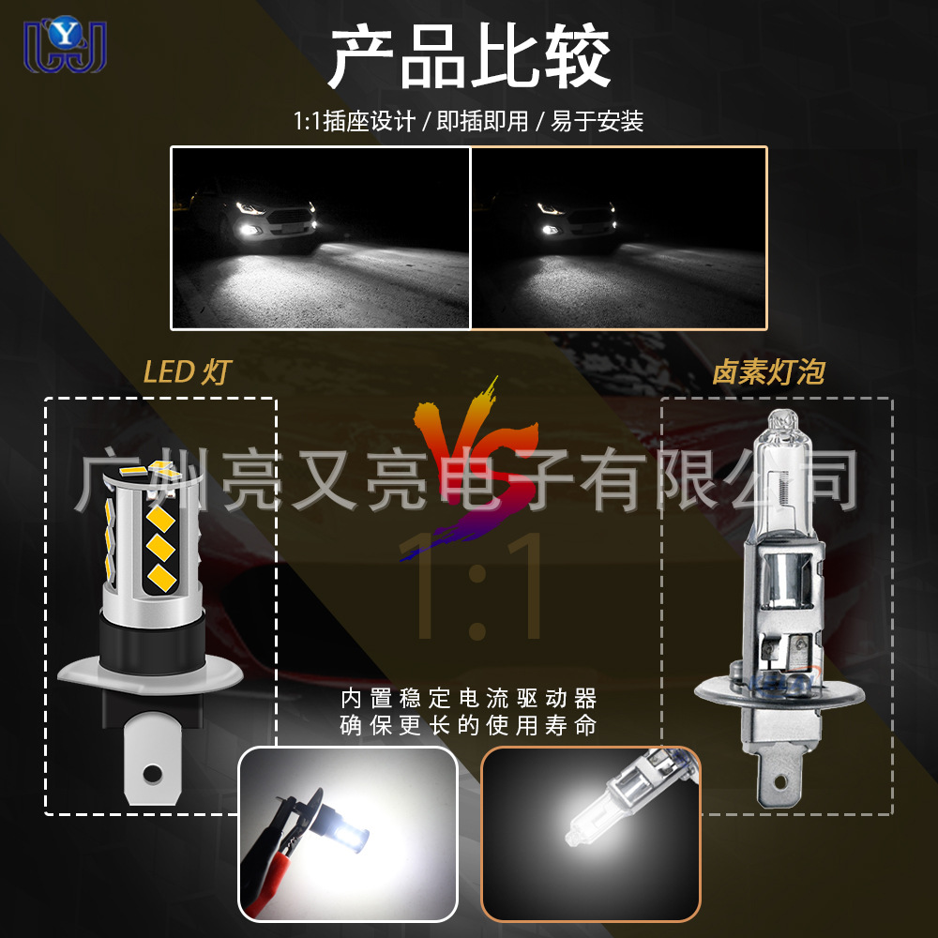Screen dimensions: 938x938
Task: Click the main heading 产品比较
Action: tap(469, 58)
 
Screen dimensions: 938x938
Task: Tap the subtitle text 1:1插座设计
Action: tap(354, 122)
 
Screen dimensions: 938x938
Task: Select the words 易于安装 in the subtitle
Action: tap(598, 122)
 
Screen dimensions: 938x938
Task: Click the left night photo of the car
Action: tap(320, 237)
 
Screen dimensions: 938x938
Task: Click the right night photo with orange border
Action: tap(619, 237)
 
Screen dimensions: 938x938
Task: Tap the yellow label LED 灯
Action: tap(186, 372)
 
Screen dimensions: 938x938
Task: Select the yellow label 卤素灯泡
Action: tap(768, 372)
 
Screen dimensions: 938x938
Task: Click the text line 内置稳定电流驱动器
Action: tap(469, 699)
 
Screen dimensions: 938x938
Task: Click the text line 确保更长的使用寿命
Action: tap(469, 726)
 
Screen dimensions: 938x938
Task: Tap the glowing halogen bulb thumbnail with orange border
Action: tap(590, 833)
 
